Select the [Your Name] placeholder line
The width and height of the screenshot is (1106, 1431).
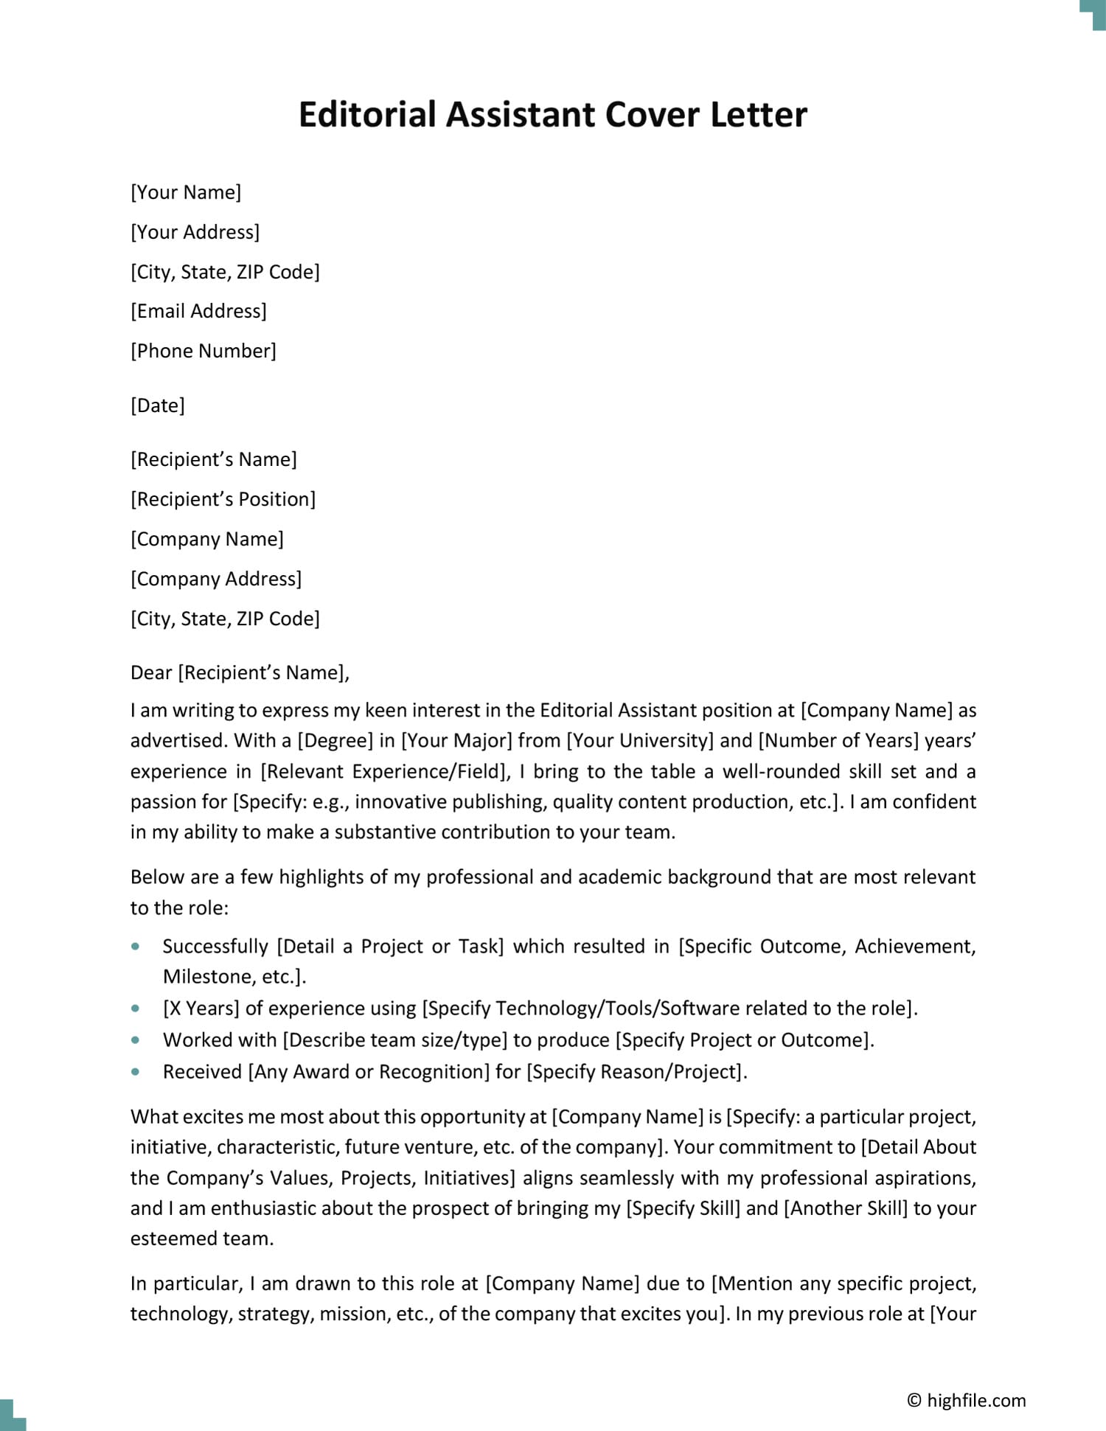[186, 192]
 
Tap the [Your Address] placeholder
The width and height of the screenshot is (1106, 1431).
[195, 232]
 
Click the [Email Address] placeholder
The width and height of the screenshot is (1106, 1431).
[198, 311]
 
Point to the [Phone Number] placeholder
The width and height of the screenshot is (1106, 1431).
[204, 351]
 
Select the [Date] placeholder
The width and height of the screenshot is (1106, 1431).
[158, 405]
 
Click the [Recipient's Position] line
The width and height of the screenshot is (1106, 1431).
[223, 499]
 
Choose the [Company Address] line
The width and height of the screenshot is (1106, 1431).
[216, 579]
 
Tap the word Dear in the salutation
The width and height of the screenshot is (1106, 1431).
[151, 672]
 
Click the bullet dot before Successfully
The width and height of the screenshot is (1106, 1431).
[136, 946]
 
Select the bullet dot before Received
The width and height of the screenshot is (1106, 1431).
[136, 1071]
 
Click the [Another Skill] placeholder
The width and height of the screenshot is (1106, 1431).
[846, 1208]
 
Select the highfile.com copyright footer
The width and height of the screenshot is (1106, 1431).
[966, 1400]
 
